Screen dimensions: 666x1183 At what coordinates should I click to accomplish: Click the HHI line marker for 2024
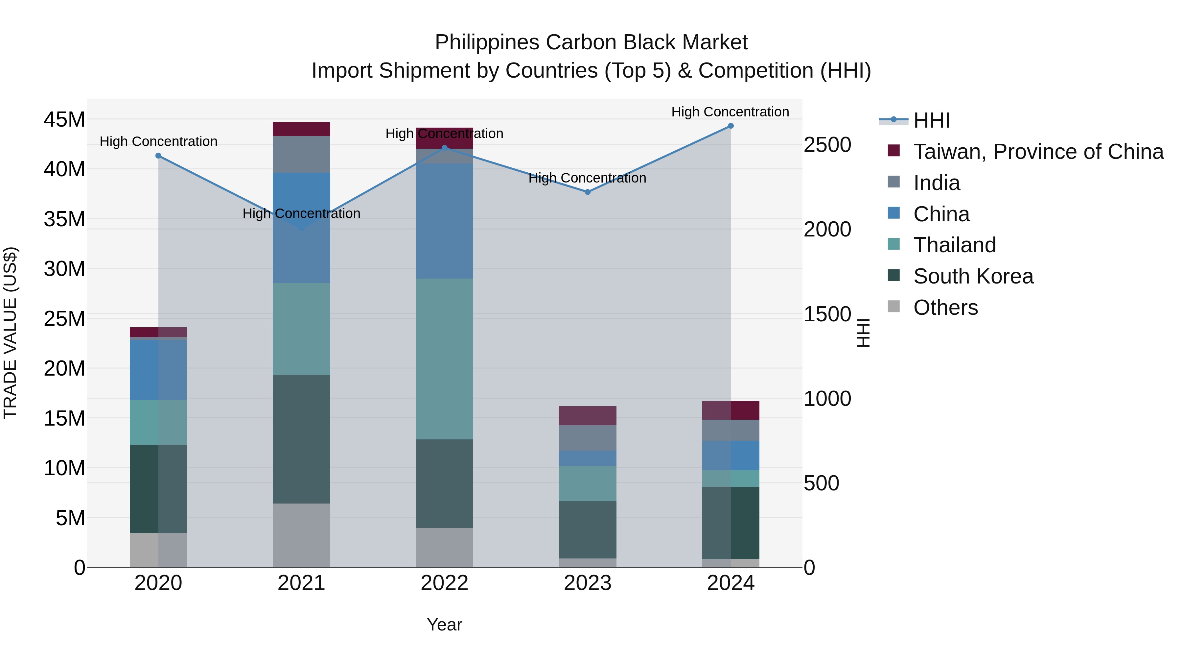[730, 126]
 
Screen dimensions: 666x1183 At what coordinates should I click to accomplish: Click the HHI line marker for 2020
[158, 156]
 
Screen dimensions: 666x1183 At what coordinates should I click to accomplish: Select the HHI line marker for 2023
[587, 192]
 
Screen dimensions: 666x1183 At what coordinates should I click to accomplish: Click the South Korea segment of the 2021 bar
[301, 439]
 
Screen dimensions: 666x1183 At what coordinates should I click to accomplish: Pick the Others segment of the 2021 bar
[301, 535]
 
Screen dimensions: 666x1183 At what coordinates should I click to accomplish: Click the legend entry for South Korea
[973, 276]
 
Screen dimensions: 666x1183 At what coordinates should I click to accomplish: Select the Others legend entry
[945, 308]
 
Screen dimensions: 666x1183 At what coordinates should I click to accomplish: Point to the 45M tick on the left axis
[64, 119]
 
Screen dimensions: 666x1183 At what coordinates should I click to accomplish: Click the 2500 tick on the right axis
[827, 145]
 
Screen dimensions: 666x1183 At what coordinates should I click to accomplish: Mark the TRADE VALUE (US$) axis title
[10, 333]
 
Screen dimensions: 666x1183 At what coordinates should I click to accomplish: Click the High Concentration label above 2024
[730, 112]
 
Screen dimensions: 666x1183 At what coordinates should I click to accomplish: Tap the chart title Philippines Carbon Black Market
[591, 42]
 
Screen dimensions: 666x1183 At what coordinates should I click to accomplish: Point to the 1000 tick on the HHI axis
[827, 399]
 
